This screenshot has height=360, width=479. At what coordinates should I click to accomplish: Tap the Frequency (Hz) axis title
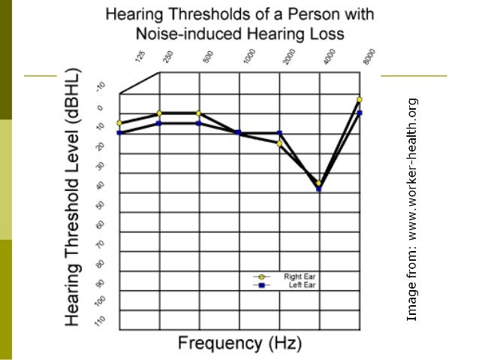click(x=239, y=343)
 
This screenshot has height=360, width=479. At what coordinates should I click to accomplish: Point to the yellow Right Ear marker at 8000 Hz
click(x=360, y=99)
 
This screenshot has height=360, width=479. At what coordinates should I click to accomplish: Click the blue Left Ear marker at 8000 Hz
click(x=360, y=113)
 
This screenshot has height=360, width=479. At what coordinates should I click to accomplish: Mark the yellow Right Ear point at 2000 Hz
click(x=279, y=143)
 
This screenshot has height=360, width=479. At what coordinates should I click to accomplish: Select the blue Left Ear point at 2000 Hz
click(x=279, y=133)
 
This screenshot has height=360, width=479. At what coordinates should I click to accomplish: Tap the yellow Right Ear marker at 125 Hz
click(x=119, y=123)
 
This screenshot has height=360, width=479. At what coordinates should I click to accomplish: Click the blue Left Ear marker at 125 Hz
click(x=119, y=133)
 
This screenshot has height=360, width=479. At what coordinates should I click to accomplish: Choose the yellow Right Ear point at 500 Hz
click(x=199, y=113)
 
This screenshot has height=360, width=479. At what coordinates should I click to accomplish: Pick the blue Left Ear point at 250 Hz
click(x=159, y=123)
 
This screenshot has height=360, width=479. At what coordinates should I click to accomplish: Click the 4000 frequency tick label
click(x=328, y=59)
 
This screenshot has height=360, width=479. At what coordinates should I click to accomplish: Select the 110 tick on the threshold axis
click(x=101, y=321)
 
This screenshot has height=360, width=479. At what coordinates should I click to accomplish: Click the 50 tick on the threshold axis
click(x=101, y=204)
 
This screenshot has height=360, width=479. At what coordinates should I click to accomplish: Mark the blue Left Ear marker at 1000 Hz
click(x=239, y=132)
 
